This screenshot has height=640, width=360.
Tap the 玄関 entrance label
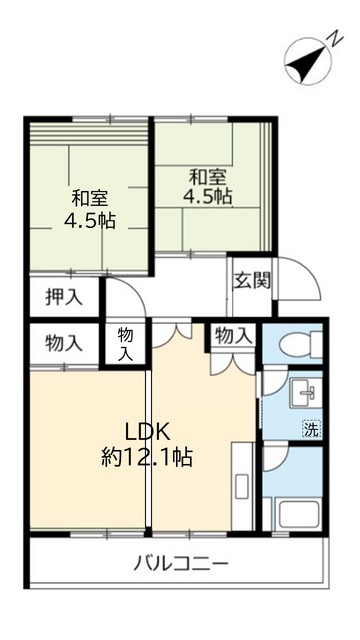click(252, 280)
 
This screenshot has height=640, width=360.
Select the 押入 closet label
click(62, 297)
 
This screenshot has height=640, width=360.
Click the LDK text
click(149, 432)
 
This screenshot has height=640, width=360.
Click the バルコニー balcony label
click(181, 562)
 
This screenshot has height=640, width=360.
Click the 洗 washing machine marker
click(311, 431)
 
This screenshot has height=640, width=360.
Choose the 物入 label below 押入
click(63, 343)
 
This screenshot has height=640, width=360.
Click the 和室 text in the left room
click(90, 196)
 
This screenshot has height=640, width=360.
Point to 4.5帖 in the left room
click(89, 219)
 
